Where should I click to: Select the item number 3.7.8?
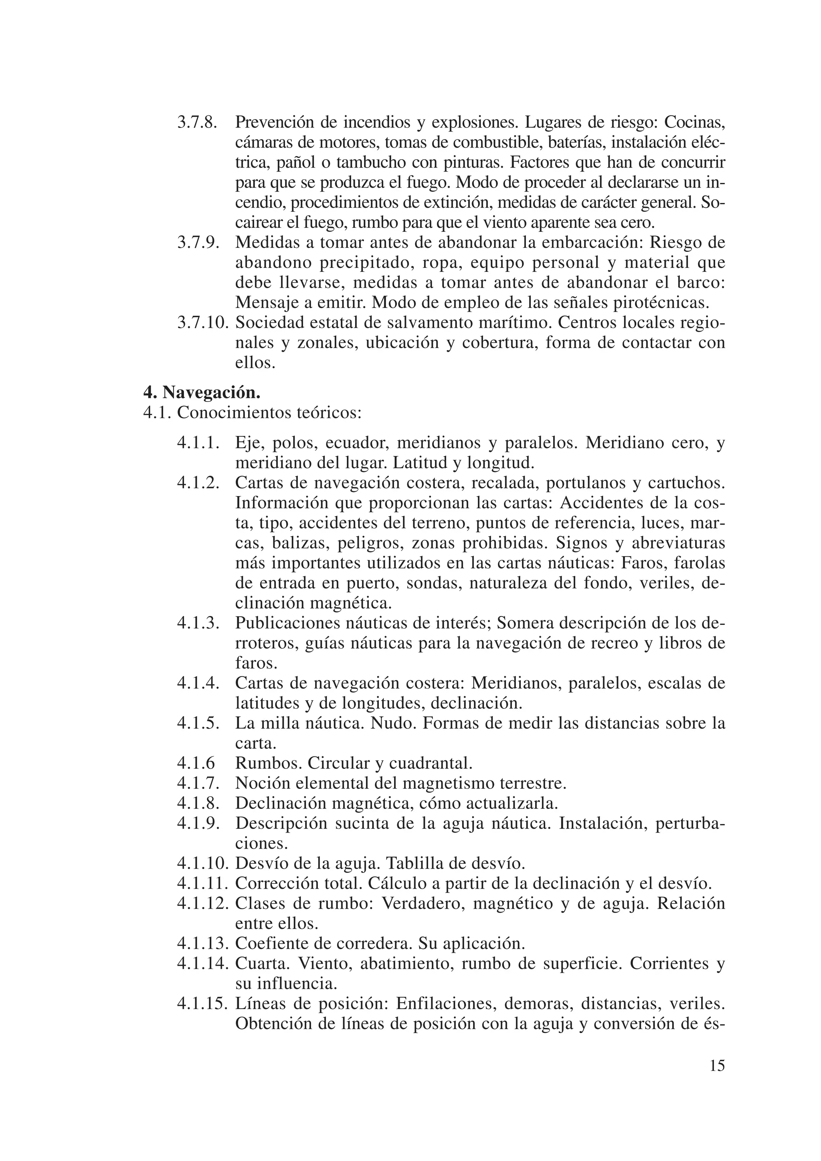click(x=198, y=122)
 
